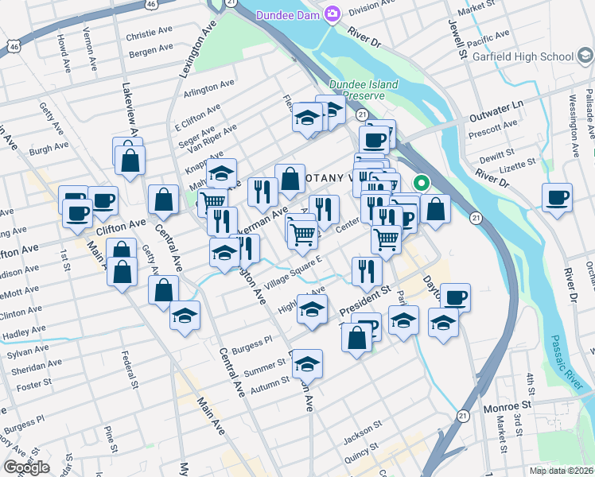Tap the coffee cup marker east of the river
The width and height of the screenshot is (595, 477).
pos(558,196)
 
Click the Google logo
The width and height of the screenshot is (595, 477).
pos(25,467)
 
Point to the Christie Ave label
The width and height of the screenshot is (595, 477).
pos(149,36)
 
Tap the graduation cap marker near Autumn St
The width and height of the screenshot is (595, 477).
pos(307,364)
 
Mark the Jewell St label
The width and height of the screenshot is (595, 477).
pos(461,42)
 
